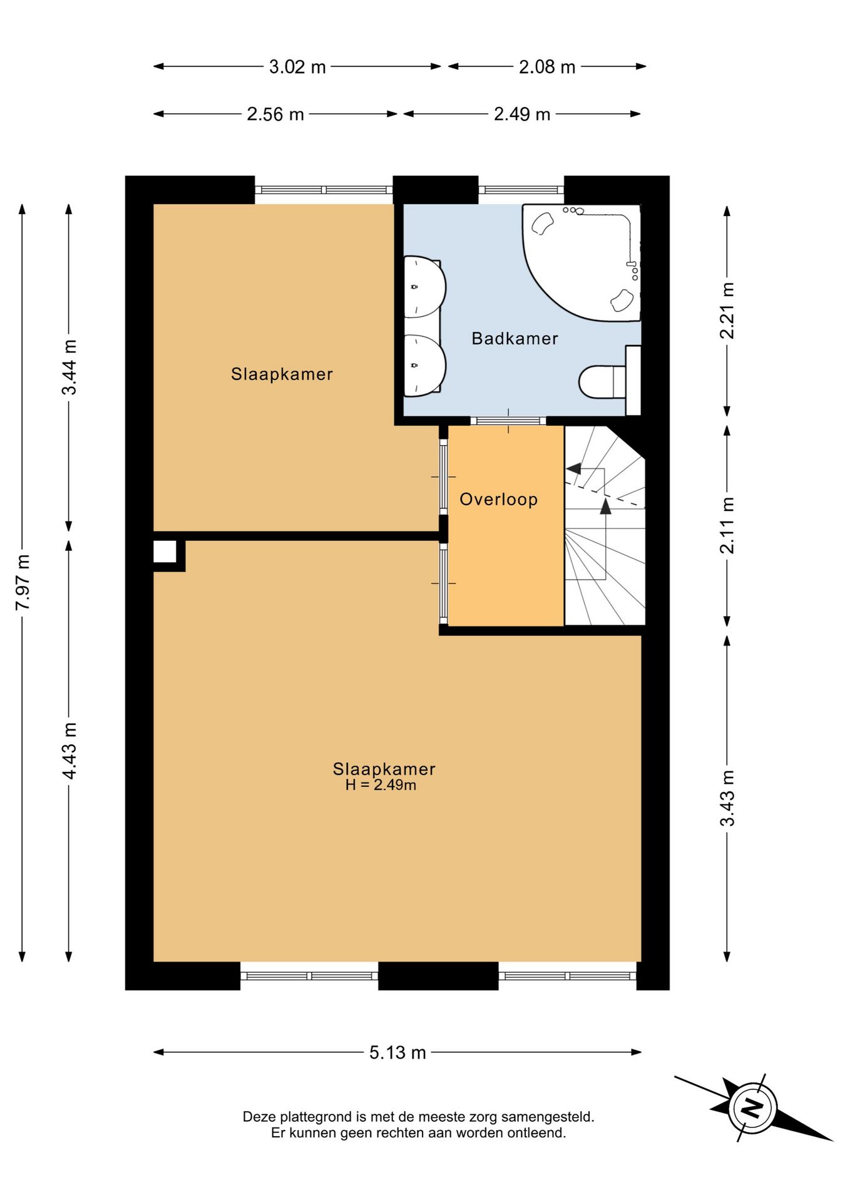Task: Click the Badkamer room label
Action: click(x=515, y=339)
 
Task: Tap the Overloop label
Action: click(x=499, y=500)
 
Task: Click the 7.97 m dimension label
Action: click(x=23, y=582)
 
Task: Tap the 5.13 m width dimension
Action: click(x=397, y=1052)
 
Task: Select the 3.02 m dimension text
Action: click(x=297, y=67)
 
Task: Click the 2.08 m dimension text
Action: click(x=547, y=67)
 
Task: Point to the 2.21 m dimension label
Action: click(x=727, y=311)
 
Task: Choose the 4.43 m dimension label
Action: click(x=69, y=751)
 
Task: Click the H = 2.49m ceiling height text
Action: click(x=381, y=785)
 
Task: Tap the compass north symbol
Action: click(x=752, y=1109)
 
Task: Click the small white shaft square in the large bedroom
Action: click(x=165, y=552)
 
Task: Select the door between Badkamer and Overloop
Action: click(x=508, y=421)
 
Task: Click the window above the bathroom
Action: click(x=521, y=190)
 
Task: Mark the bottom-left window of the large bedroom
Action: click(x=309, y=975)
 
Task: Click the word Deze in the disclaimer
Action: click(x=259, y=1117)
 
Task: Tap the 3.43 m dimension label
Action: click(x=727, y=798)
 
